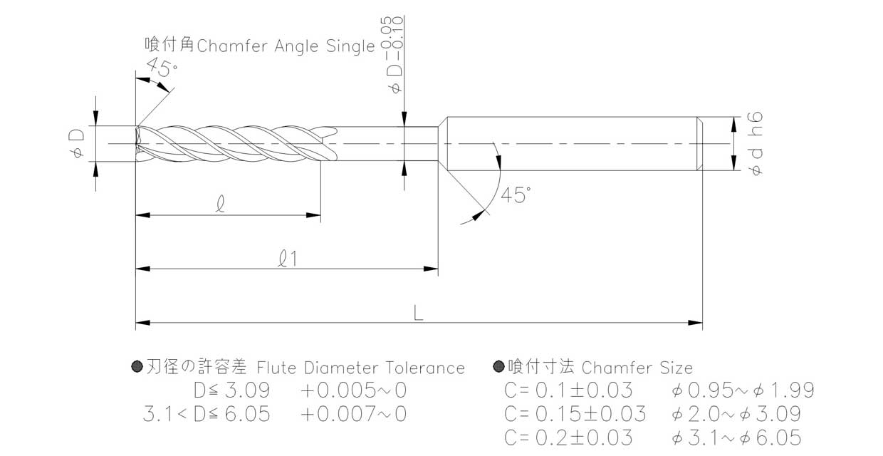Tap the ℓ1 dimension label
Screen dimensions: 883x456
(288, 259)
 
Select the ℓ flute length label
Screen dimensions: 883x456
(221, 204)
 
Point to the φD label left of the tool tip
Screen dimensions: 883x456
(77, 143)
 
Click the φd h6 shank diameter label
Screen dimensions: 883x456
(756, 144)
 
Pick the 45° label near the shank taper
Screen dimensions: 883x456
(516, 195)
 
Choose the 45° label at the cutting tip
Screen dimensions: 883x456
(162, 67)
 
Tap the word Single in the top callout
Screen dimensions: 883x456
(350, 46)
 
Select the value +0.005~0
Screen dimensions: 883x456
(354, 390)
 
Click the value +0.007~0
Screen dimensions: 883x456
(354, 414)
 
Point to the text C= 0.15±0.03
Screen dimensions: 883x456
(575, 414)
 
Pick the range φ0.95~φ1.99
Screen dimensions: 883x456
(743, 390)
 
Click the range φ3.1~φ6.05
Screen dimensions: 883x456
(736, 438)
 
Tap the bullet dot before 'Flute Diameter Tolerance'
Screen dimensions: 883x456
(137, 367)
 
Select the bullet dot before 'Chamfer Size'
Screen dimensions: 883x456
(498, 366)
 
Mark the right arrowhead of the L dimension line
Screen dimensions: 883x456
(695, 323)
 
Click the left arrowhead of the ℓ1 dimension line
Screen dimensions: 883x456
(142, 269)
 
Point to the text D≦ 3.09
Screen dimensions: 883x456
(232, 390)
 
